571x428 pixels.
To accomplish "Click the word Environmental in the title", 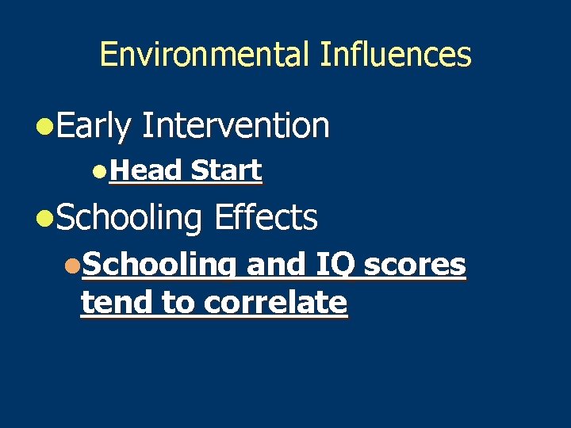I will point(205,55).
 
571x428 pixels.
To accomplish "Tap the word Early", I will point(93,126).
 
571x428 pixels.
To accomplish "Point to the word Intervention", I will point(235,125).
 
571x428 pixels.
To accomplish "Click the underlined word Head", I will point(146,170).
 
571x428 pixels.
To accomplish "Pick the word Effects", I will point(266,217).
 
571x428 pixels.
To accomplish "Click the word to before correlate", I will point(179,303).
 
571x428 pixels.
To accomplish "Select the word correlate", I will point(275,302).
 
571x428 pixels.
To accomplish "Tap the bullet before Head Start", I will point(98,171).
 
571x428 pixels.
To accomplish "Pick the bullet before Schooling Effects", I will point(44,218).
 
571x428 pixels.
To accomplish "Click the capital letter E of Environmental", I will point(109,55).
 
